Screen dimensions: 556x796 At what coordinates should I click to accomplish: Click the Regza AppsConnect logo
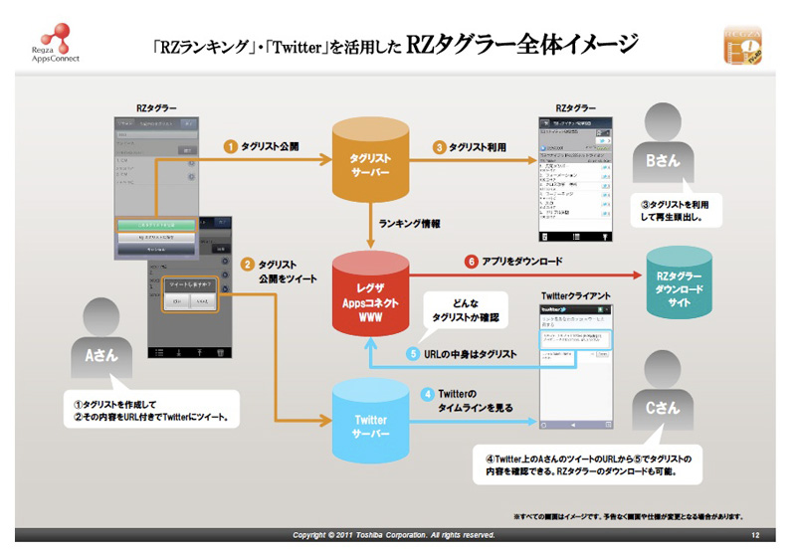tap(50, 39)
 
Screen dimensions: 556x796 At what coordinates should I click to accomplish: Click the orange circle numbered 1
tap(230, 146)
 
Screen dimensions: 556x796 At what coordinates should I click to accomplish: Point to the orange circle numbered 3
tap(438, 146)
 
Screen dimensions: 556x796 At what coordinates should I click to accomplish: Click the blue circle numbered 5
tap(412, 353)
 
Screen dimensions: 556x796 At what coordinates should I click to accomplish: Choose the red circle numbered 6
tap(473, 263)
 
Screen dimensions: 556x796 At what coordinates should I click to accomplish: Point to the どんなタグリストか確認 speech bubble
tap(460, 309)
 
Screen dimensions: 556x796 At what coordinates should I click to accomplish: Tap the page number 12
tap(755, 535)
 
